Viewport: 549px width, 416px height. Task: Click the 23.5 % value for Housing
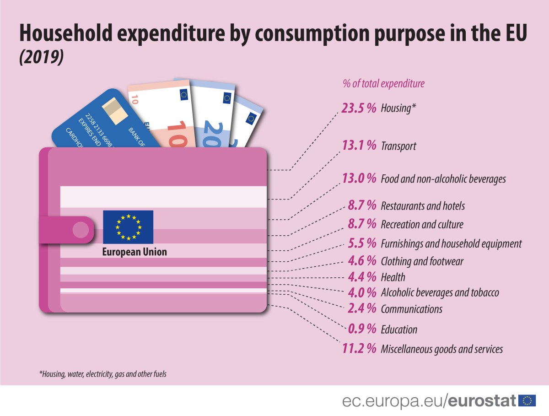click(x=359, y=108)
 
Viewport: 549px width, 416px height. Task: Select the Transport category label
click(x=398, y=146)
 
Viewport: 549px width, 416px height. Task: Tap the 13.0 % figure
click(x=359, y=178)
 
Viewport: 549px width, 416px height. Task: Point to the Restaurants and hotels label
click(x=423, y=206)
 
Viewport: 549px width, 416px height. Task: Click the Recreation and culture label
click(x=422, y=224)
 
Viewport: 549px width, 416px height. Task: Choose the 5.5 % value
click(x=362, y=243)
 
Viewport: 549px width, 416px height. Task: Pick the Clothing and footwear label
click(x=422, y=261)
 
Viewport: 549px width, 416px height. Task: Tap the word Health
click(x=393, y=277)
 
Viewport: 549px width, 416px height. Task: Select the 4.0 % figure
click(x=362, y=292)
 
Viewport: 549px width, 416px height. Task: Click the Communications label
click(x=411, y=309)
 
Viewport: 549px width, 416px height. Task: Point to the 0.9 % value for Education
click(x=362, y=329)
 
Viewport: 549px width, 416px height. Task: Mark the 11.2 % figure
click(x=359, y=349)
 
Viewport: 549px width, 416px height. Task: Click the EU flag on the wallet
click(x=128, y=227)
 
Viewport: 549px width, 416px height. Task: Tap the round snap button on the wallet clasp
click(x=81, y=229)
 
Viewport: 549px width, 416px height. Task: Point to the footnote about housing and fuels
click(x=102, y=374)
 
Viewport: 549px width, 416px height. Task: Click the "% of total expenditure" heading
click(x=383, y=84)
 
